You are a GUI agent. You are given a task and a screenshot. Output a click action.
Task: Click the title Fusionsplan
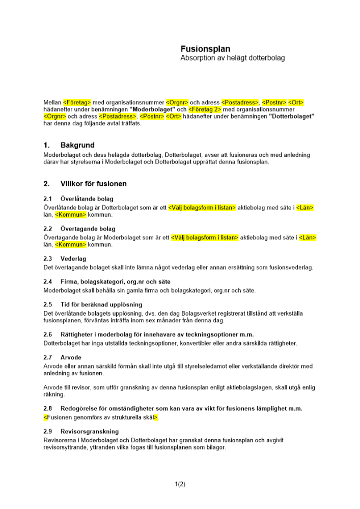pos(205,49)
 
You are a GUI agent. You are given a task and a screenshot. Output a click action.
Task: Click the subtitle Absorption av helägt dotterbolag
pos(233,58)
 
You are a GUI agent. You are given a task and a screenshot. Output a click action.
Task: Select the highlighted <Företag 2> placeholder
pos(205,109)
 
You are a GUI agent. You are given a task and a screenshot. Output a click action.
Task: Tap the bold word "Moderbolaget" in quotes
pos(152,109)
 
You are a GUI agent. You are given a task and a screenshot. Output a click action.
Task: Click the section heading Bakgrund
pos(77,146)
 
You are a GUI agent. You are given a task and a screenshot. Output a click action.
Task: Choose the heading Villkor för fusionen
pos(93,184)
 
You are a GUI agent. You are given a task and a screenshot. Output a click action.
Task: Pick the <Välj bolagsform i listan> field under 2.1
pos(202,208)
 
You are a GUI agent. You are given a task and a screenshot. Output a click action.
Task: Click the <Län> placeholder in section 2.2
pos(308,238)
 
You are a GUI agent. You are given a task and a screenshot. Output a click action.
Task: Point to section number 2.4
pos(48,281)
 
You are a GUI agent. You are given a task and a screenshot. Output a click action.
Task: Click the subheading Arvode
pos(71,357)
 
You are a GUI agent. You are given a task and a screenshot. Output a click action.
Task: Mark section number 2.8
pos(48,408)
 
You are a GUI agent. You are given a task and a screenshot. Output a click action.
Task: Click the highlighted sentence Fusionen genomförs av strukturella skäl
pos(101,417)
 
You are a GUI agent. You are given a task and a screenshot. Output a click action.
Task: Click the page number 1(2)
pos(180,484)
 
